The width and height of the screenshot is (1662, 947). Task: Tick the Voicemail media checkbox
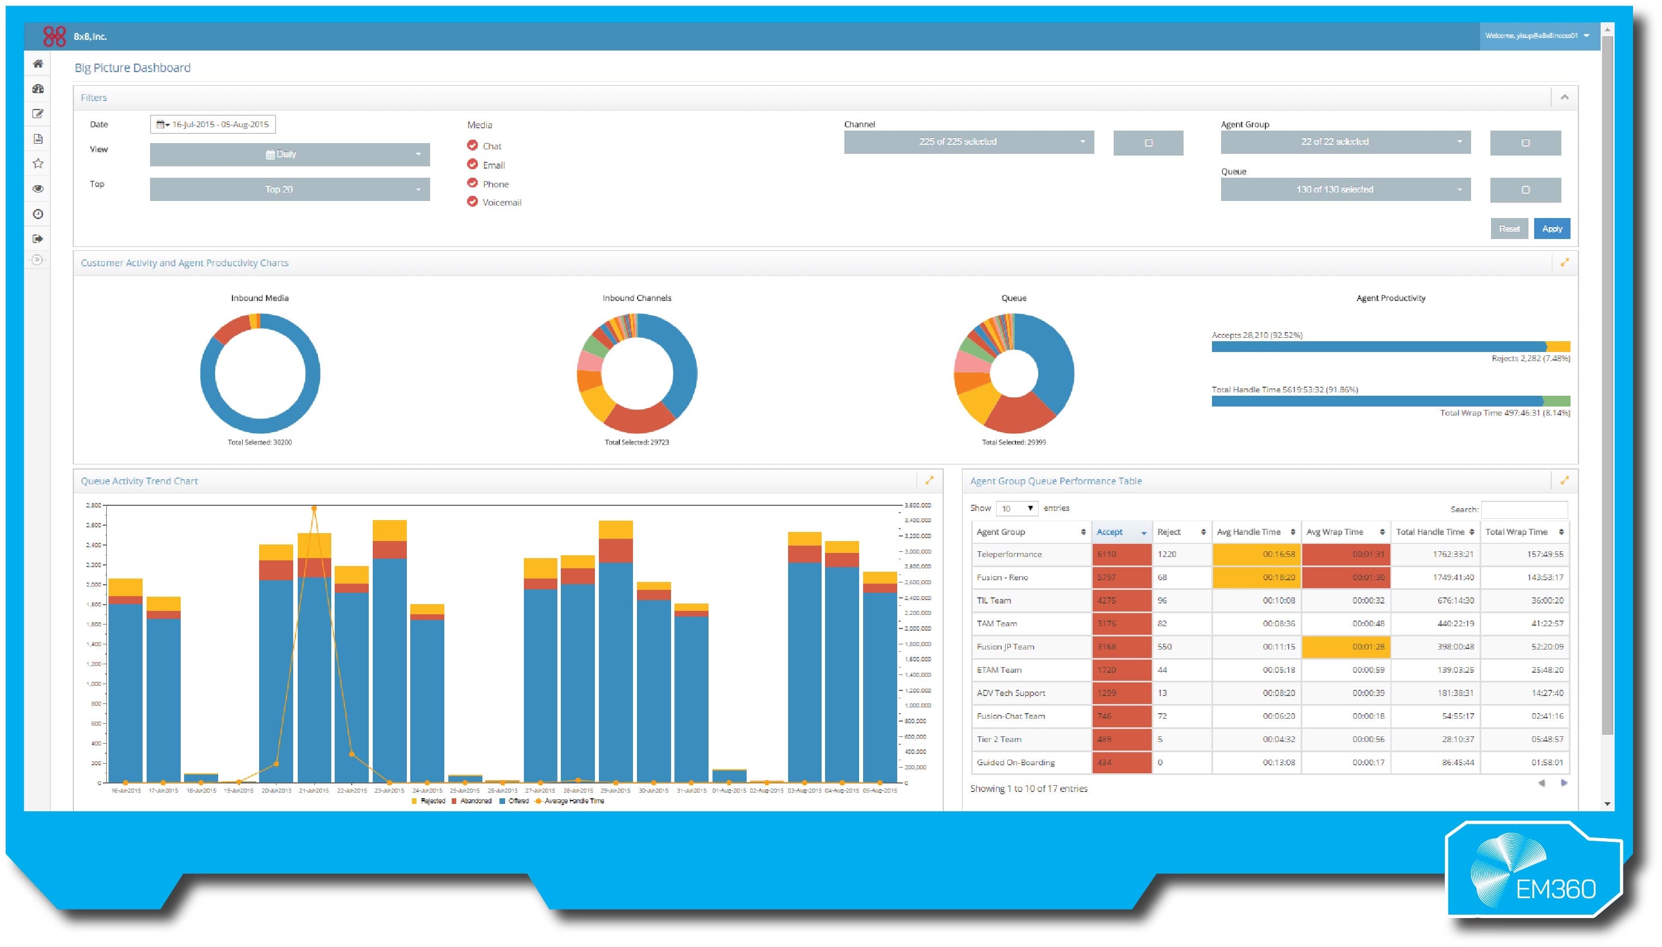472,202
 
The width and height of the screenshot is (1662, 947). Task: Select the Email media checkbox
472,165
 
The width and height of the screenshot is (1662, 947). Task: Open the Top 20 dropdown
290,189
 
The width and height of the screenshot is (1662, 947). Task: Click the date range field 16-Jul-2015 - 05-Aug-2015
213,124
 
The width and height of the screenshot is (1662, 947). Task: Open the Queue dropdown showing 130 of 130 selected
1344,189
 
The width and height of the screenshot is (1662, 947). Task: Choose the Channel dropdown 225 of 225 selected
968,142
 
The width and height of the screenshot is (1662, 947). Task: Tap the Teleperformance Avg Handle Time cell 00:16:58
1256,554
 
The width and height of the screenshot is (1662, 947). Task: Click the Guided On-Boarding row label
1015,762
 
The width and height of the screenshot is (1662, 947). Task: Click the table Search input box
1524,509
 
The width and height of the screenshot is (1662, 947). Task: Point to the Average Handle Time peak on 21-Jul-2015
314,509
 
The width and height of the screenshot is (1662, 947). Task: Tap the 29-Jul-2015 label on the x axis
615,791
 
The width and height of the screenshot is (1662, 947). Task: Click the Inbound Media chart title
260,298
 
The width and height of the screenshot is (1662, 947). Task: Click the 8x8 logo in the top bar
55,36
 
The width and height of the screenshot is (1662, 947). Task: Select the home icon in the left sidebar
38,64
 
